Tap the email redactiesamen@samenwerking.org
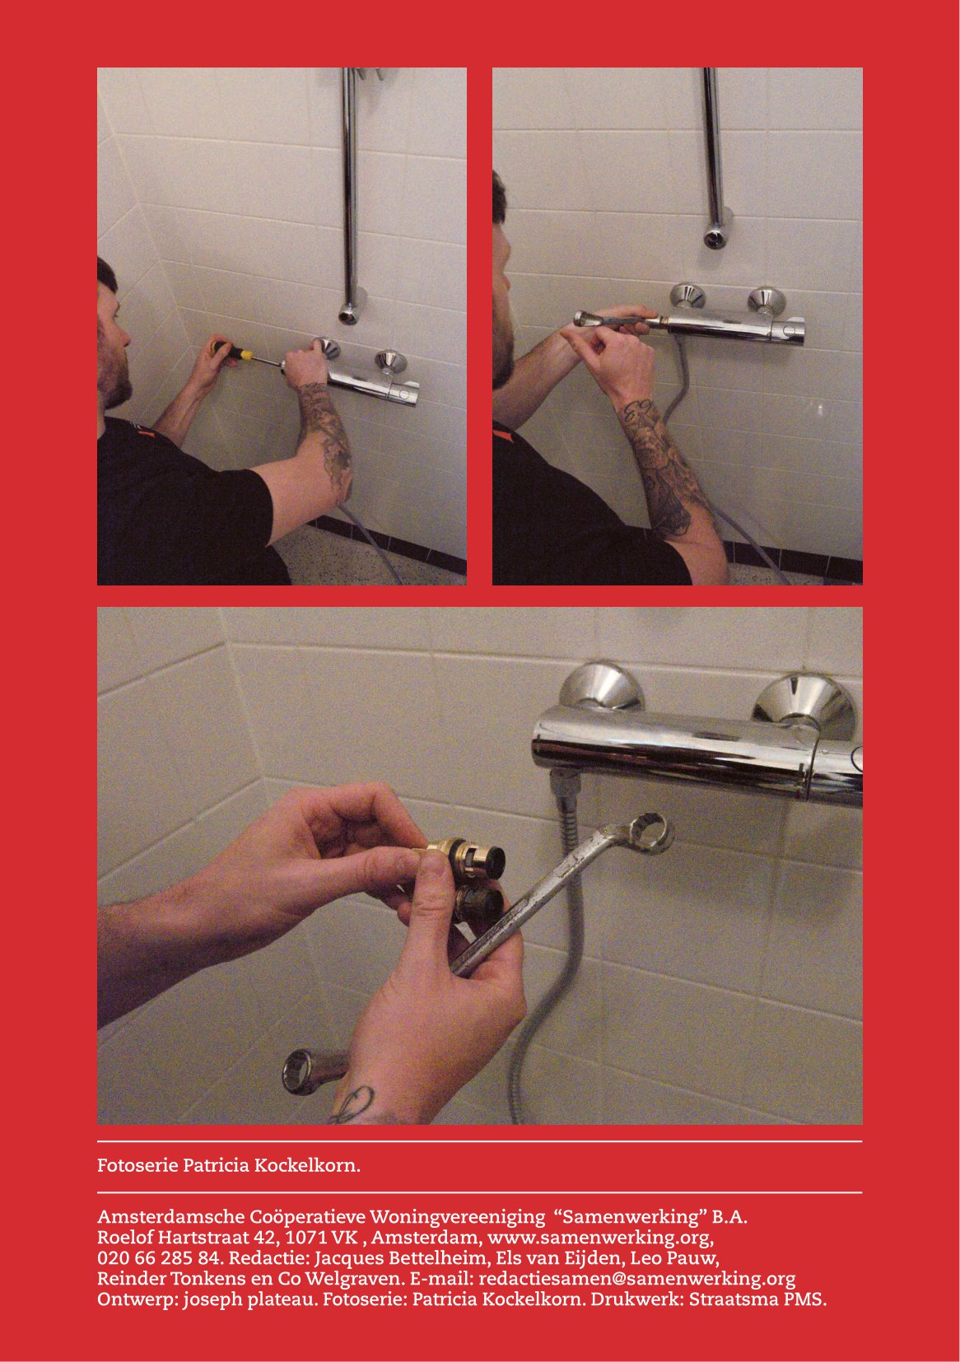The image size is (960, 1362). coord(637,1280)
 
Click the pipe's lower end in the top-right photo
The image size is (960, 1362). coord(715,236)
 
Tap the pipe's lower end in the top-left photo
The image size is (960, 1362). coord(349,314)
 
